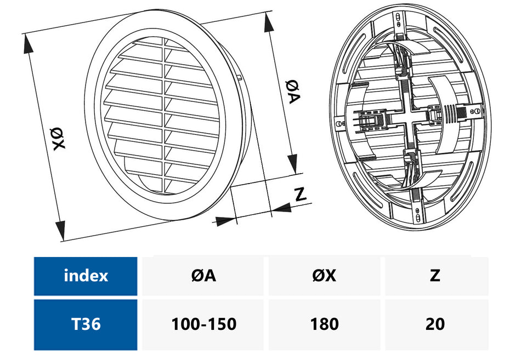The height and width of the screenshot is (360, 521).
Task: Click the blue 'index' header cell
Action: [x=86, y=276]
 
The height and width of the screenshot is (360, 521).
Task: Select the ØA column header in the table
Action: [x=203, y=276]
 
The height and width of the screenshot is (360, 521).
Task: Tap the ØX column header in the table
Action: [x=324, y=276]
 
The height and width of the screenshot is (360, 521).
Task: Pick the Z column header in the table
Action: [x=435, y=276]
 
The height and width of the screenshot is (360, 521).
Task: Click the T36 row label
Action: [x=86, y=324]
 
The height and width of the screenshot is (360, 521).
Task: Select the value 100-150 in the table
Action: [x=203, y=324]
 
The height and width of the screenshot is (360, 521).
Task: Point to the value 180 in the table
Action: [x=324, y=324]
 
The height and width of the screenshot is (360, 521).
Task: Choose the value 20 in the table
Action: [x=435, y=324]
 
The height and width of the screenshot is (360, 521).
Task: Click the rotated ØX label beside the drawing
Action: [x=58, y=138]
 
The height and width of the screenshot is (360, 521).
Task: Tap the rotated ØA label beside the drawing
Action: [x=292, y=91]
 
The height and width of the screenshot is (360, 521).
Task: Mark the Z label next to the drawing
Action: [x=299, y=193]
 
